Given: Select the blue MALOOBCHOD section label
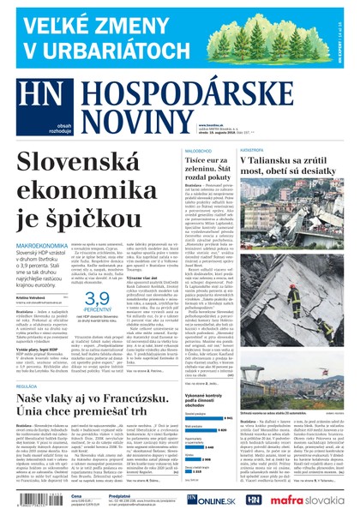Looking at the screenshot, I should click(x=201, y=149).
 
